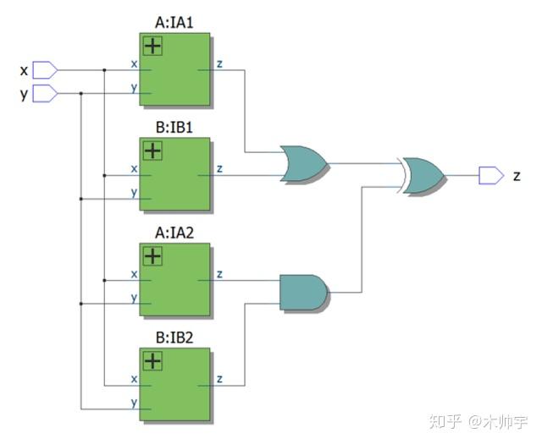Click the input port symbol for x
44,69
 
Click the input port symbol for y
44,93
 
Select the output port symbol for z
490,175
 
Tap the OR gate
303,163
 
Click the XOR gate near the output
423,175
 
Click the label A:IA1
176,23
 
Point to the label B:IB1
176,129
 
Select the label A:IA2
176,233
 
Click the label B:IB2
176,338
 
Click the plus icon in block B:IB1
152,151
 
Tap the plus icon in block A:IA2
152,256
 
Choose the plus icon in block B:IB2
152,361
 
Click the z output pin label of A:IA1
219,64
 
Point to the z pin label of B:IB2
219,380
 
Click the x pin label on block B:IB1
134,168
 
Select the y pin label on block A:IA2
134,297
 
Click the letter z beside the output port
517,176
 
